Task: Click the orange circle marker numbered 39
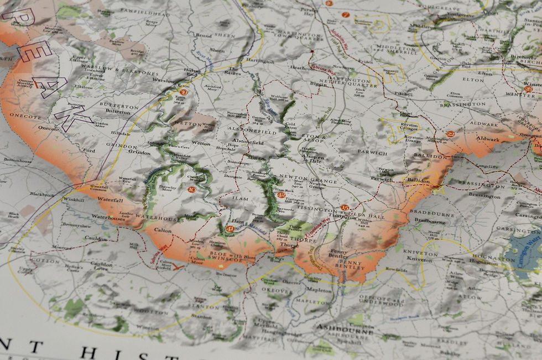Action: coord(184,92)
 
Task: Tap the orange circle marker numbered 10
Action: coord(192,189)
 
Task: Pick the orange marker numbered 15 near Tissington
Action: coord(345,208)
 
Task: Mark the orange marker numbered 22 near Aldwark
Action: coord(450,134)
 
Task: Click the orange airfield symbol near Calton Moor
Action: coord(178,267)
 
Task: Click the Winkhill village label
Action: coord(74,199)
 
